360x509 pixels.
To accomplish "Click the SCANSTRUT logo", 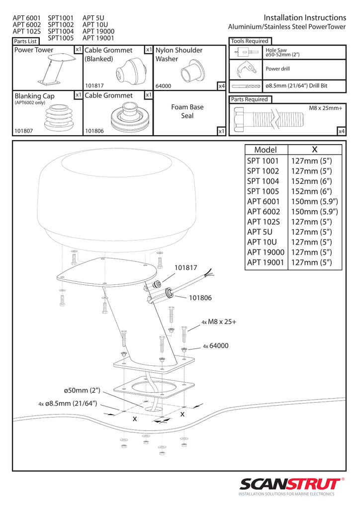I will coord(290,484).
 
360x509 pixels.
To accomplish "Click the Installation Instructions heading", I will coord(305,18).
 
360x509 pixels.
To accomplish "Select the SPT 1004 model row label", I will coord(263,181).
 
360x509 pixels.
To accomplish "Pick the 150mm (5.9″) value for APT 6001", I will coord(315,202).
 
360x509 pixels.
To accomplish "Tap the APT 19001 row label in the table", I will coord(266,262).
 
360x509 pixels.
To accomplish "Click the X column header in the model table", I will coord(315,150).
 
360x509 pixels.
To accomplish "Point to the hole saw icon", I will coord(245,52).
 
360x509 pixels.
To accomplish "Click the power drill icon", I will coord(245,69).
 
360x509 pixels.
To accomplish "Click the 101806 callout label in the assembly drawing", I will coord(200,298).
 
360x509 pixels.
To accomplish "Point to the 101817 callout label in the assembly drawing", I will coord(186,268).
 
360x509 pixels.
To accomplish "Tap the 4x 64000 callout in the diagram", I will coord(215,346).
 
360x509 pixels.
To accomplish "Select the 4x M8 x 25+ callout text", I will coord(219,322).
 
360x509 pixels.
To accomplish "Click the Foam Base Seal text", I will coord(187,111).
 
